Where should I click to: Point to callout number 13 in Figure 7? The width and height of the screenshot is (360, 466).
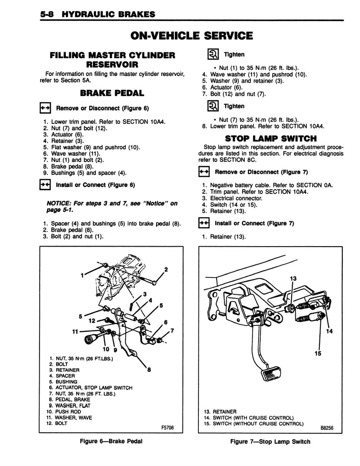tap(293, 278)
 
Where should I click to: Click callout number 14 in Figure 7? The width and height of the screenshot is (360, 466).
tap(330, 331)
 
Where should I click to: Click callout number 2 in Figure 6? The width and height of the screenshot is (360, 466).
tap(166, 269)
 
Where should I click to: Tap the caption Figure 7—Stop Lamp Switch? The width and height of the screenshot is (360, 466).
tap(270, 441)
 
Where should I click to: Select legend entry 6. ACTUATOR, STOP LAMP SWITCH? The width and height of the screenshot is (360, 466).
tap(90, 388)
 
